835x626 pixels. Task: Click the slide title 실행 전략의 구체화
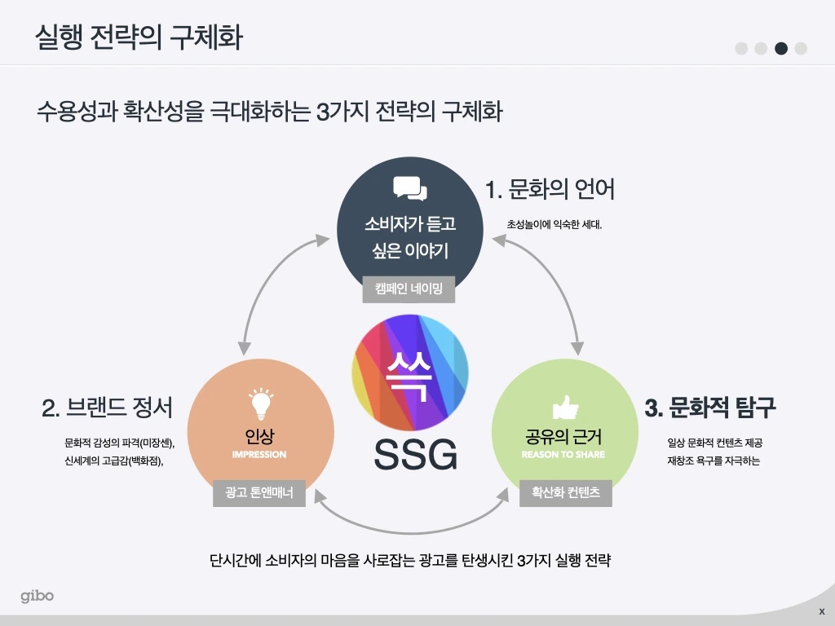[x=139, y=38]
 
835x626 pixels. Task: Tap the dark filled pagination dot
[x=781, y=48]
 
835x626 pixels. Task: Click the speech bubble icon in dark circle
[x=409, y=188]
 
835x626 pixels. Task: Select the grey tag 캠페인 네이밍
[x=409, y=289]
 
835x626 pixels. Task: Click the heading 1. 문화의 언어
[x=550, y=190]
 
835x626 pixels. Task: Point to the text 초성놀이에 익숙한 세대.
[x=554, y=223]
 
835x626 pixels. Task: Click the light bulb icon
[x=260, y=403]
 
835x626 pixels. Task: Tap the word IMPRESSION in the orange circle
[x=259, y=454]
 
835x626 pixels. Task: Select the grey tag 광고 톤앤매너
[x=259, y=492]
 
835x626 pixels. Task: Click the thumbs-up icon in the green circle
[x=564, y=407]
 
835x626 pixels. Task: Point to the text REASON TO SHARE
[x=563, y=454]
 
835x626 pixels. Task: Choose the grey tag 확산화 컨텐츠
[x=565, y=492]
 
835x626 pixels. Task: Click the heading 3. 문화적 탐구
[x=709, y=408]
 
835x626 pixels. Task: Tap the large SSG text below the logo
[x=415, y=455]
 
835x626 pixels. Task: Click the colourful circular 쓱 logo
[x=410, y=373]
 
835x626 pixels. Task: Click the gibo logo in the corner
[x=38, y=596]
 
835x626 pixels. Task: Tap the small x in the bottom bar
[x=821, y=611]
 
